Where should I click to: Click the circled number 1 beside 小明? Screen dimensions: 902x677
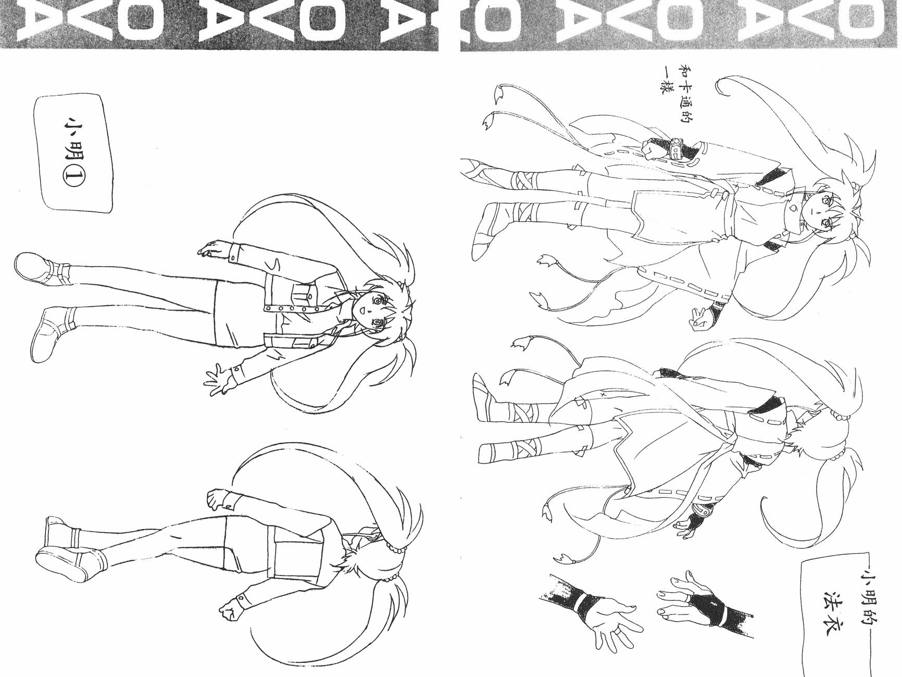click(x=71, y=178)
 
